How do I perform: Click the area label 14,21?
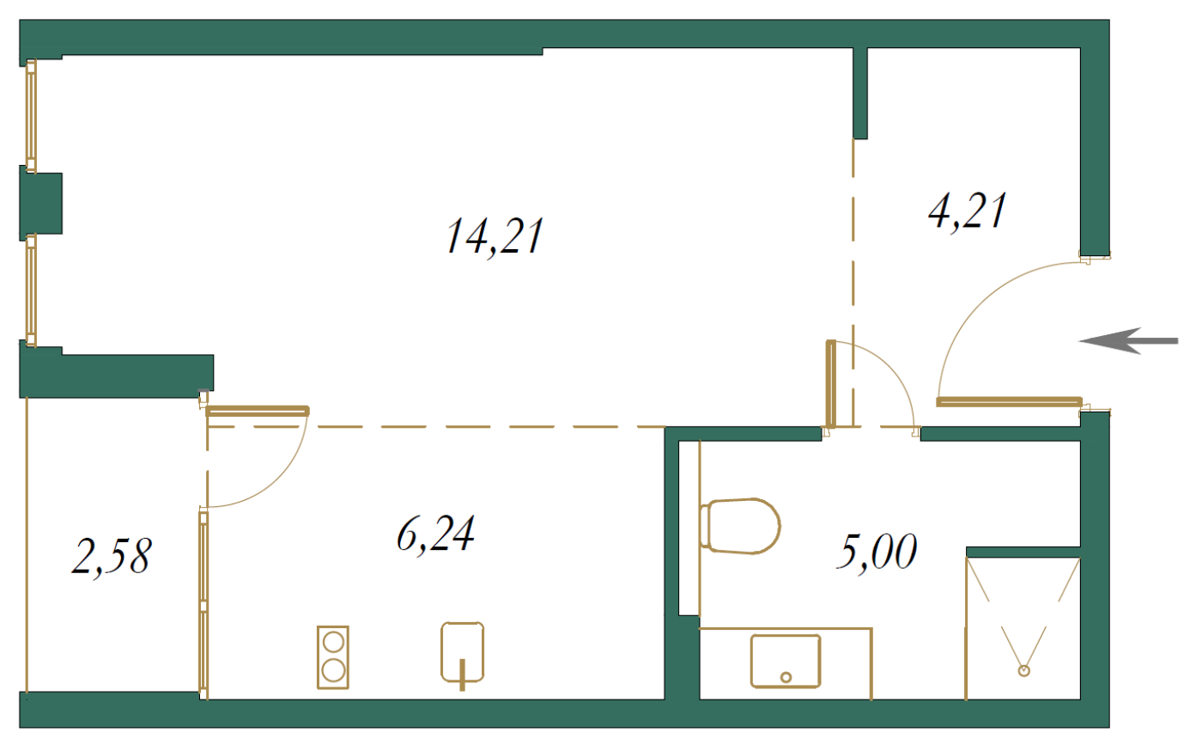tap(495, 237)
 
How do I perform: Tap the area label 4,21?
tap(967, 211)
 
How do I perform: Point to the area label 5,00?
tap(877, 553)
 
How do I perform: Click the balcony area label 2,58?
tap(112, 557)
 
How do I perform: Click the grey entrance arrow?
tap(1128, 340)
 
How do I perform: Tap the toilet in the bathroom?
tap(740, 526)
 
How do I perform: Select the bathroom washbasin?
tap(785, 662)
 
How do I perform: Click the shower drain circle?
tap(1023, 670)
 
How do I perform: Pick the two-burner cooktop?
tap(333, 657)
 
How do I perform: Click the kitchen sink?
tap(462, 653)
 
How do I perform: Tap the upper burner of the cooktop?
tap(333, 642)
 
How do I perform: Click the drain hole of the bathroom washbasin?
tap(786, 677)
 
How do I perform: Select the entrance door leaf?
tap(1009, 402)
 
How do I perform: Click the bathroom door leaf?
tap(831, 383)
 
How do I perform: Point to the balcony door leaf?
tap(258, 411)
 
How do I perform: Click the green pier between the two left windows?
tap(41, 203)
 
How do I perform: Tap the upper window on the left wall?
tap(31, 115)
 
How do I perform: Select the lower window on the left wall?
tap(31, 290)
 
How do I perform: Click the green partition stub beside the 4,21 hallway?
tap(860, 93)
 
